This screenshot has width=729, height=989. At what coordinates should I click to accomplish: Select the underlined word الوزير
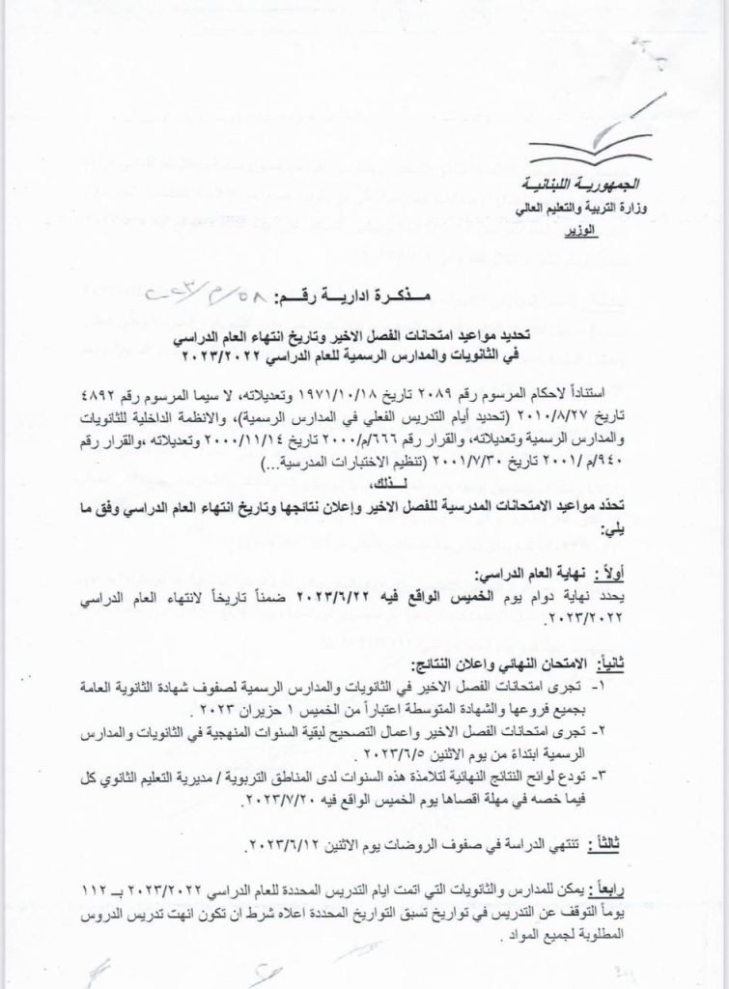click(x=607, y=231)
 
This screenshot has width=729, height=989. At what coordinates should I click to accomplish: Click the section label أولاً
click(x=625, y=573)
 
